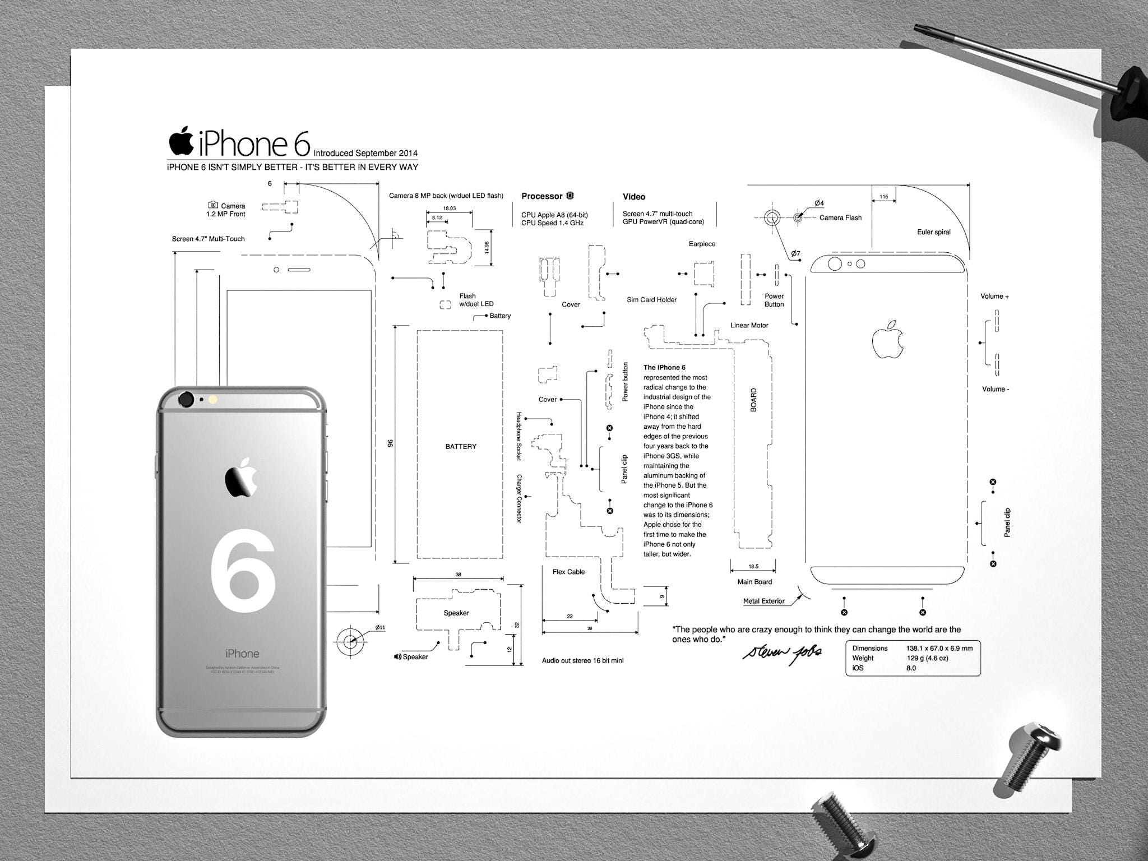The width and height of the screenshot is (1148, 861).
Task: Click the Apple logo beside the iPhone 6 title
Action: pos(181,141)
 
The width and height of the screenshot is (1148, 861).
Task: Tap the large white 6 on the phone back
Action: pos(243,569)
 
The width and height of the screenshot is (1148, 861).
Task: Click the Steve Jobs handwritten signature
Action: pos(783,652)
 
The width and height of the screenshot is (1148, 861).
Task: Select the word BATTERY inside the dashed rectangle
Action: pos(461,447)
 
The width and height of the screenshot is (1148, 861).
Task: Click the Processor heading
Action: pos(541,196)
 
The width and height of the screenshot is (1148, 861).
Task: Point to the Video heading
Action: pos(634,197)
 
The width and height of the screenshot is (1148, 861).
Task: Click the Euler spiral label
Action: pos(933,232)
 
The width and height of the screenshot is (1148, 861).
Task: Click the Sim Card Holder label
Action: pos(651,300)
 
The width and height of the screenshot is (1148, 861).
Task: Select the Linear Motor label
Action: pos(749,325)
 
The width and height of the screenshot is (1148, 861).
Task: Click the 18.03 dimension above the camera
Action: pos(449,208)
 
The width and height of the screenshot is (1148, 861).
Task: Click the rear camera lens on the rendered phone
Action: pos(186,400)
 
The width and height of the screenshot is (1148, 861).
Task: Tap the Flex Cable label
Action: pos(568,572)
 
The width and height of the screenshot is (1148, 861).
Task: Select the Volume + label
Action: pos(994,297)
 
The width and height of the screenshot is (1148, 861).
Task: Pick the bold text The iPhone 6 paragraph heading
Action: pos(664,368)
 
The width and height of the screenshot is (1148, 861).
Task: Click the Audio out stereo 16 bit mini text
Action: pos(582,661)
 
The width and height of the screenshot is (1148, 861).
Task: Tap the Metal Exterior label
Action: pos(763,601)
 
